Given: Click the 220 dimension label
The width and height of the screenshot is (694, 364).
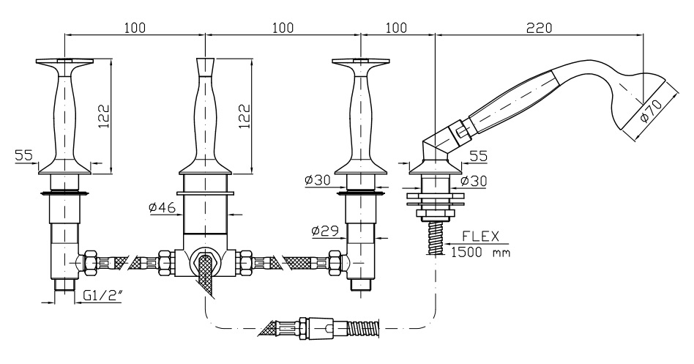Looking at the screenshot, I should coord(539,27).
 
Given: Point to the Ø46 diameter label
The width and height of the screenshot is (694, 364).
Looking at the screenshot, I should coord(160,209).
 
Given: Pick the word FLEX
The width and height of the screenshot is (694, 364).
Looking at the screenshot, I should coord(480,236).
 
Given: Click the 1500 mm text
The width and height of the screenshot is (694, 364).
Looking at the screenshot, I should coord(479,252).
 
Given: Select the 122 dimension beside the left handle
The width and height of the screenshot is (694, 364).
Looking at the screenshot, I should coord(103,114).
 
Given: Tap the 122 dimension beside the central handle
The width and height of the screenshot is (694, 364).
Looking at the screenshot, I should coord(245,114).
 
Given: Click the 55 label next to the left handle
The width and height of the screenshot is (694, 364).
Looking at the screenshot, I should coord(23,156).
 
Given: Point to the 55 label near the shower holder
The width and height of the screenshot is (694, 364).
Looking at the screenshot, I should coord(477,157).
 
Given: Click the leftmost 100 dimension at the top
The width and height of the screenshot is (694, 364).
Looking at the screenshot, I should coord(134,27).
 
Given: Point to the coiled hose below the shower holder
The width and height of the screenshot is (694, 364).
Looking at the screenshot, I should coord(434,238).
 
